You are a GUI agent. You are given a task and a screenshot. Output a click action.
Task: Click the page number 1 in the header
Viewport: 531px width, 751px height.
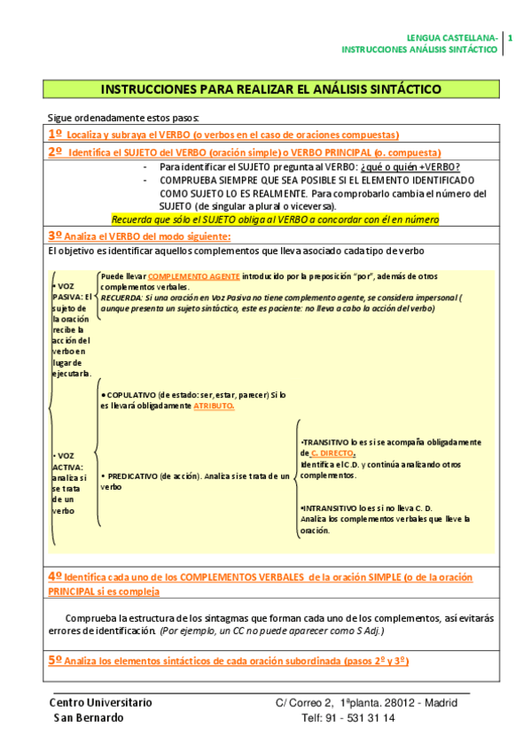510,37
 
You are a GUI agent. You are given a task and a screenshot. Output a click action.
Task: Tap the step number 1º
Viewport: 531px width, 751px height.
55,134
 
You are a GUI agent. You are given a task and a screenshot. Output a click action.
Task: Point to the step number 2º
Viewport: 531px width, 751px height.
55,151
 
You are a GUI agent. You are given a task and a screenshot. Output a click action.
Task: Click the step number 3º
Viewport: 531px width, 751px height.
55,236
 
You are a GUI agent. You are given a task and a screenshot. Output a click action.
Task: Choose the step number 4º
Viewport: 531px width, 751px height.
55,577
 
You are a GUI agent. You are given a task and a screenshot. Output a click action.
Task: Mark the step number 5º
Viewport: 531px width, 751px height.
55,661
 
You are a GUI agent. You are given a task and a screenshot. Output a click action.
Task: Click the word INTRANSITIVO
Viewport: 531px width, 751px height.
332,507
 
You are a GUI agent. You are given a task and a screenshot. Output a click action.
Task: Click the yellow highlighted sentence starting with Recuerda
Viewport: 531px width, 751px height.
275,219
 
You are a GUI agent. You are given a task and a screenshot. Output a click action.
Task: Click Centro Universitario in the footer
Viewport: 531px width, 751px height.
100,702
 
